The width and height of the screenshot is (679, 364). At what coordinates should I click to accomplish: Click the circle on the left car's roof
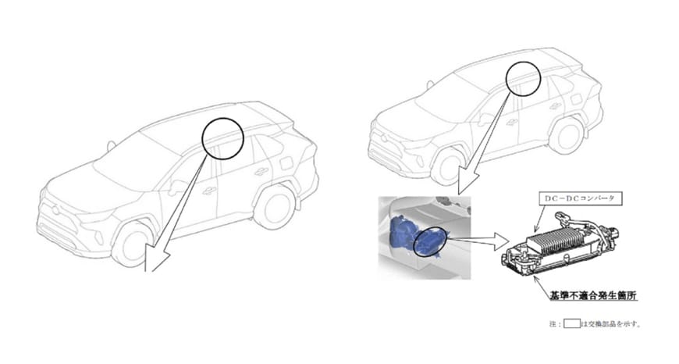click(x=223, y=137)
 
